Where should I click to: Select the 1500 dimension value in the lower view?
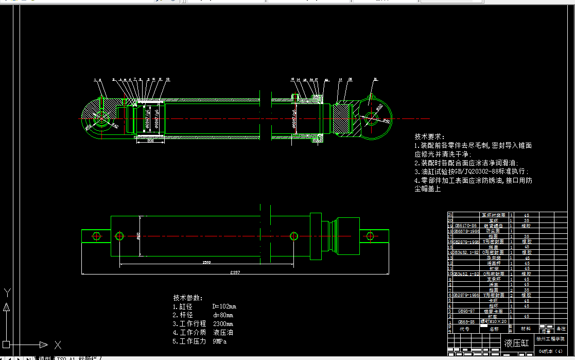point(206,263)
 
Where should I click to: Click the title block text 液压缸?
point(516,343)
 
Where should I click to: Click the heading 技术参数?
point(188,298)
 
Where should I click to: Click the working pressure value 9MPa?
point(219,341)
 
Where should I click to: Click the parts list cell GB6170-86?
point(465,226)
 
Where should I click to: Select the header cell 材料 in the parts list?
point(526,329)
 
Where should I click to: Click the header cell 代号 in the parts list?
point(464,329)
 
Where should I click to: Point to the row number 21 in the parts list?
point(450,215)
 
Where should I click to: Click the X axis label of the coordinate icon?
point(58,345)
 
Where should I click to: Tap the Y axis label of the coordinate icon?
point(7,293)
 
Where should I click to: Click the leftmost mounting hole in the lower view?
point(96,236)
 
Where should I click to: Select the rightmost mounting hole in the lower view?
point(370,236)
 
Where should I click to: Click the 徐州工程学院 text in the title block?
point(550,339)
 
